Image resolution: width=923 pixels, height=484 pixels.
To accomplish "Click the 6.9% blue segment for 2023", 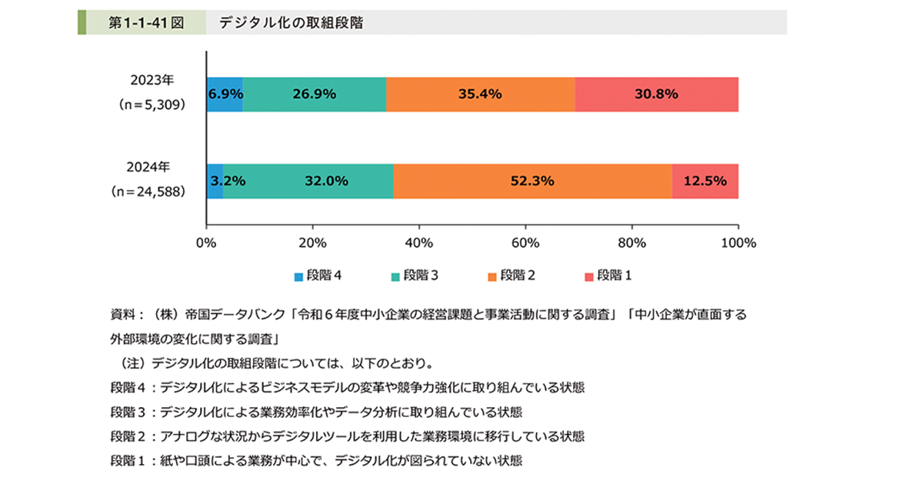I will point(225,94).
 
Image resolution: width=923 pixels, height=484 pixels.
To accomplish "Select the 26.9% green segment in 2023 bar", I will point(314,94).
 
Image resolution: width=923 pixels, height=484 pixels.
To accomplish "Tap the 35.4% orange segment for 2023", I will point(480,94).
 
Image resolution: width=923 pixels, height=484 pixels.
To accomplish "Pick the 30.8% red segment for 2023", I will point(656,94).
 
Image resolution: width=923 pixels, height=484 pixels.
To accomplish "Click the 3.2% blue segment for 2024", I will point(215,182).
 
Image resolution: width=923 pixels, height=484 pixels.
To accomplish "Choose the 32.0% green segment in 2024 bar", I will point(308,182).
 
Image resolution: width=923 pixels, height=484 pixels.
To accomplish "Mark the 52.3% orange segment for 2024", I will point(532,182).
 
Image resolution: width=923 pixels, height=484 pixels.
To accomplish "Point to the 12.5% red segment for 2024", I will point(705,182).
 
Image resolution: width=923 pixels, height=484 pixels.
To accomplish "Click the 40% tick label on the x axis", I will point(418,242).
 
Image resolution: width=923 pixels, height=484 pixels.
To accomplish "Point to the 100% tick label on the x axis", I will point(738,242).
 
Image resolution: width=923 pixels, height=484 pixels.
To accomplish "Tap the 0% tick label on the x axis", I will point(206,242).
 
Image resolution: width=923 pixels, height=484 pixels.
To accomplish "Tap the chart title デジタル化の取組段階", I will point(291,23).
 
